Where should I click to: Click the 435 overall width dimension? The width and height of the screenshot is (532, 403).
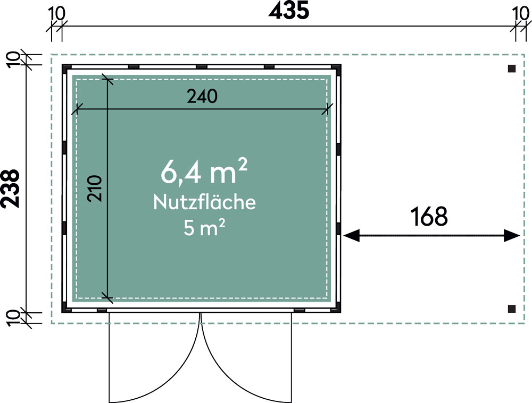point(289,10)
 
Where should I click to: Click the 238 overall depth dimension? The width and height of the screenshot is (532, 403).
point(10,188)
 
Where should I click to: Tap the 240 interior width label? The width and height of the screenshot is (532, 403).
point(202,97)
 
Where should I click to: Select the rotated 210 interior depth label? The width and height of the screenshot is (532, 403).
point(95,188)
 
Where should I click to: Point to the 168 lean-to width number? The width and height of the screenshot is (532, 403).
point(429,217)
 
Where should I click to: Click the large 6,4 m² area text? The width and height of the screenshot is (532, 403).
point(204,172)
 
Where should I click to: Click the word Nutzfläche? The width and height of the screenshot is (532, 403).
point(204,202)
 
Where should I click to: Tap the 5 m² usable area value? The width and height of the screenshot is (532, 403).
point(204,227)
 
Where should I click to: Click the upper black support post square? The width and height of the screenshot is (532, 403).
point(512,68)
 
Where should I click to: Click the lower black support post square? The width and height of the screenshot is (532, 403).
point(512,309)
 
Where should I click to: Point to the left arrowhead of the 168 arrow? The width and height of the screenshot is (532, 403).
point(351,235)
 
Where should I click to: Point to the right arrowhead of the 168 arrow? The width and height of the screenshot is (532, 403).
point(512,235)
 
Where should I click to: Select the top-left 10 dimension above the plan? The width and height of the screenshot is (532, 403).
point(56,14)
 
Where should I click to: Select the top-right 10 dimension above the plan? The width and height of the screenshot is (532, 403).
point(520,14)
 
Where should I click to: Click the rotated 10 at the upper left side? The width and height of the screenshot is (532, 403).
point(13,60)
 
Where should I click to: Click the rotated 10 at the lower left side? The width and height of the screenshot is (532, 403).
point(13,319)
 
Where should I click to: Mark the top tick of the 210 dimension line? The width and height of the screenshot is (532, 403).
point(107,80)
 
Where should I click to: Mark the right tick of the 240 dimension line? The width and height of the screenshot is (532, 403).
point(327,109)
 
